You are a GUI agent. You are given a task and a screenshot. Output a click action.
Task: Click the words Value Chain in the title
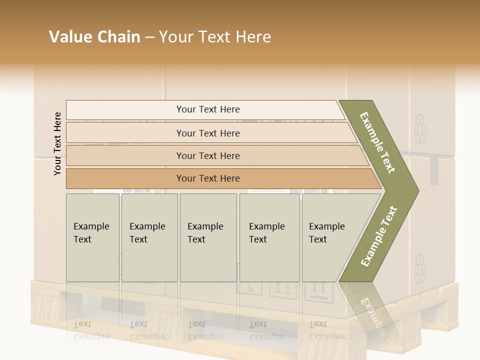point(94,37)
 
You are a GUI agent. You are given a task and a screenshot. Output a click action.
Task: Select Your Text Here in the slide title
point(215,37)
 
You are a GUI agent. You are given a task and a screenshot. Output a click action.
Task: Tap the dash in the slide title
point(149,37)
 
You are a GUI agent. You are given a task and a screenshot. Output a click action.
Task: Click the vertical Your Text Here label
point(57,143)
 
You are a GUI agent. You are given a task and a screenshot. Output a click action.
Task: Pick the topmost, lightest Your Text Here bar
point(208,109)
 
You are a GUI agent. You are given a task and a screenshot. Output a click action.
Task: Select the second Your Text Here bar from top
point(208,133)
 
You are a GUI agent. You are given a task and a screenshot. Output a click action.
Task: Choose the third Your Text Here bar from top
point(208,155)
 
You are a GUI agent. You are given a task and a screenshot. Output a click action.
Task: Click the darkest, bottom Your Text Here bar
point(208,178)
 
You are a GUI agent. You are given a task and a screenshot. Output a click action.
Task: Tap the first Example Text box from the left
point(92,237)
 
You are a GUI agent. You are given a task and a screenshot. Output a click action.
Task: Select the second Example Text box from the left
point(149,237)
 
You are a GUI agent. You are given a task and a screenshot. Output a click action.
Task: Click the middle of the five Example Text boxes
point(208,237)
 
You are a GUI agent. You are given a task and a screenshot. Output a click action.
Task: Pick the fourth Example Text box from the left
point(269,237)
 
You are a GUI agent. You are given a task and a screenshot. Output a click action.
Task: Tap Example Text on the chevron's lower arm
point(379,236)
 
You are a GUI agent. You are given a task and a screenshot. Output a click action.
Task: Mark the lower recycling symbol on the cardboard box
point(419,269)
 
